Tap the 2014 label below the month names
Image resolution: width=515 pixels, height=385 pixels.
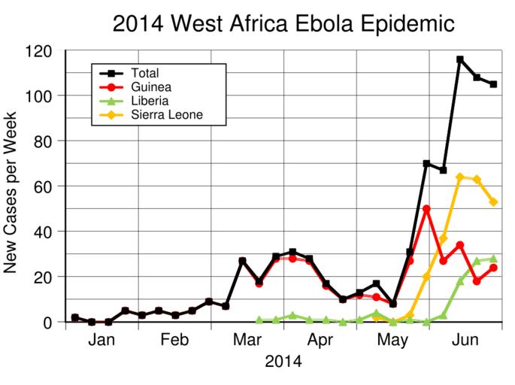click(x=283, y=362)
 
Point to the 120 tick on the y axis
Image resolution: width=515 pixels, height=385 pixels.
click(x=38, y=51)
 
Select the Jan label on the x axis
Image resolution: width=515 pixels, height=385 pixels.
click(x=101, y=340)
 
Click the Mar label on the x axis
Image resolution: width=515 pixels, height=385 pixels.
click(x=247, y=340)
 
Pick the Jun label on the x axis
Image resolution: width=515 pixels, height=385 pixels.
click(x=466, y=340)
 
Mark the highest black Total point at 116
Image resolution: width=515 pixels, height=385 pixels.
click(x=460, y=59)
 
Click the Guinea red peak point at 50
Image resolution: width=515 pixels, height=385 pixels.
click(x=426, y=209)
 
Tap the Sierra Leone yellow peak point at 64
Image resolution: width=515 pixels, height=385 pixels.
click(x=460, y=177)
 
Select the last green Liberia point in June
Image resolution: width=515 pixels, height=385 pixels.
click(x=493, y=259)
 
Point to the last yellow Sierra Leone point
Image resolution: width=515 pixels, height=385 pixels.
click(x=493, y=202)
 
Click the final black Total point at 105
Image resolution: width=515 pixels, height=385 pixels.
click(x=493, y=84)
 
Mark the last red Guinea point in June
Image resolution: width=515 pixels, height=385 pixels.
click(x=493, y=268)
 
